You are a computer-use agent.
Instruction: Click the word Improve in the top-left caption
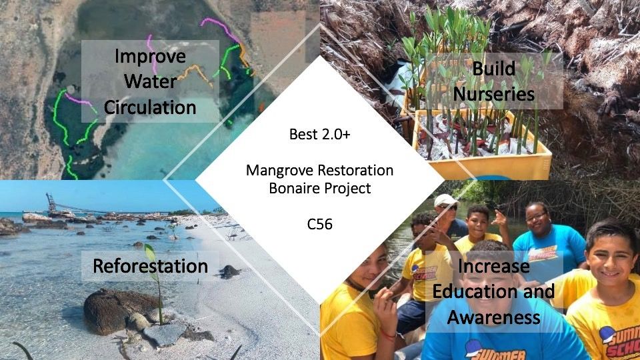[150, 56]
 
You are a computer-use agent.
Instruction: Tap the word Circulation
[150, 107]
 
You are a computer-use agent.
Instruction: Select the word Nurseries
[494, 94]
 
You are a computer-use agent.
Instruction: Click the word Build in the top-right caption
[494, 68]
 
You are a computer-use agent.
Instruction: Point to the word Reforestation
[150, 266]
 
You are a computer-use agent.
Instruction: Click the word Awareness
[494, 317]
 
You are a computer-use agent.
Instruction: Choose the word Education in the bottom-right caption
[474, 291]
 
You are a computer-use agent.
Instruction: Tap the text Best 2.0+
[319, 134]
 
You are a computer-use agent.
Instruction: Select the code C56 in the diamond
[319, 224]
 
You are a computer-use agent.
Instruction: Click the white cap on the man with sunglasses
[445, 201]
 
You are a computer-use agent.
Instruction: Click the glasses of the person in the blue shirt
[536, 217]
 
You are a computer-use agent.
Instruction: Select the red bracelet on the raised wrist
[388, 335]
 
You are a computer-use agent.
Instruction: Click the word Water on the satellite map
[150, 81]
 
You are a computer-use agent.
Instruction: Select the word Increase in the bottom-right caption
[494, 266]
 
